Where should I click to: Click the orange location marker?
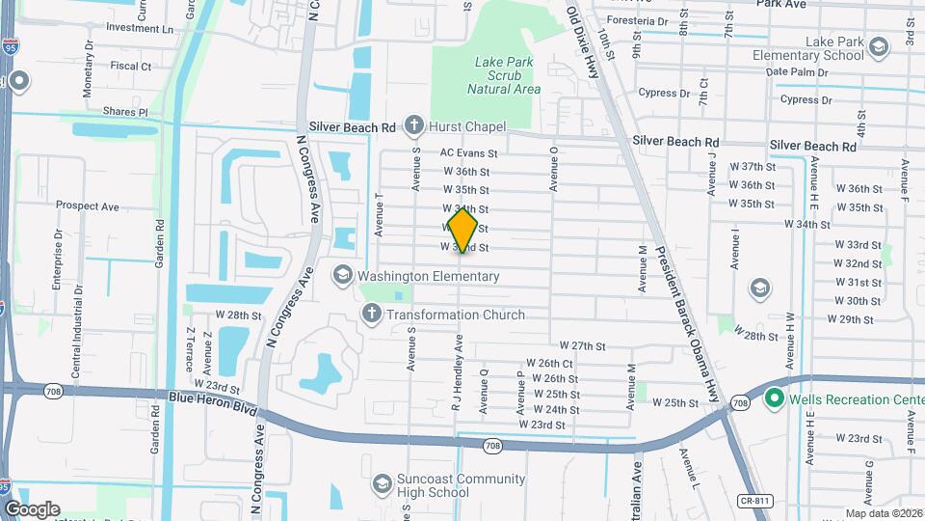[x=462, y=230]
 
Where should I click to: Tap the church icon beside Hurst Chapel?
[x=413, y=125]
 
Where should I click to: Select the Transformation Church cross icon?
[x=372, y=314]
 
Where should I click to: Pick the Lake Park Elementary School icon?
[x=878, y=46]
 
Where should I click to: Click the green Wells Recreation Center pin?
[x=773, y=398]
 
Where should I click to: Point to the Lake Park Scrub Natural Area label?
[x=503, y=75]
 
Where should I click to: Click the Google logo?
[x=32, y=508]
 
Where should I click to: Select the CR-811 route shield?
[x=753, y=502]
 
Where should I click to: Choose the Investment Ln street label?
[x=140, y=28]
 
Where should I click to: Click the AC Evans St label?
[x=468, y=152]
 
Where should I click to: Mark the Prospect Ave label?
[x=87, y=206]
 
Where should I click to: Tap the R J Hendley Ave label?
[x=459, y=374]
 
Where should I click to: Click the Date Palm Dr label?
[x=796, y=72]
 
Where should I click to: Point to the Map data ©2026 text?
[x=884, y=513]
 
